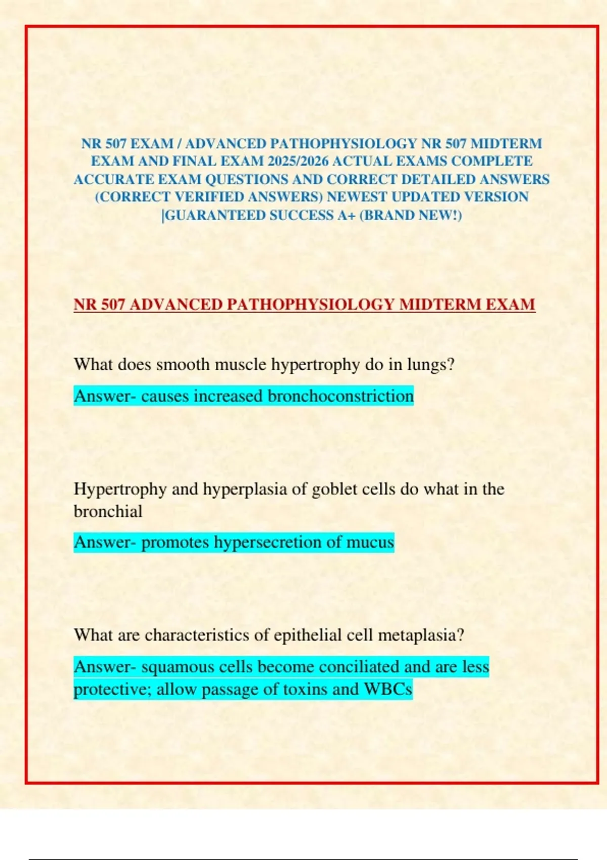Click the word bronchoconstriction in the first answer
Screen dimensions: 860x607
340,396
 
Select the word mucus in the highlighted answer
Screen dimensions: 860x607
370,542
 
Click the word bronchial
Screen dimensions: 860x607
108,511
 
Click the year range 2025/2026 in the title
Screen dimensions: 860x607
298,161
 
